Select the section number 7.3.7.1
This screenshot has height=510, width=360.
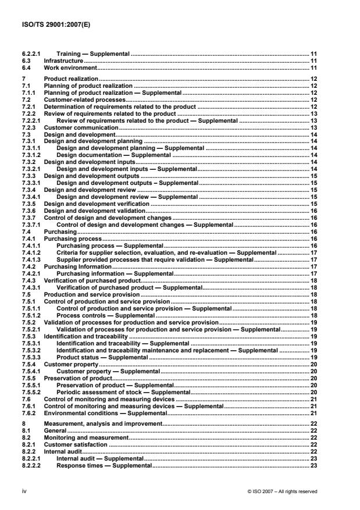(x=30, y=224)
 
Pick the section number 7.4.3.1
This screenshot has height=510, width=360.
(x=30, y=287)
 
